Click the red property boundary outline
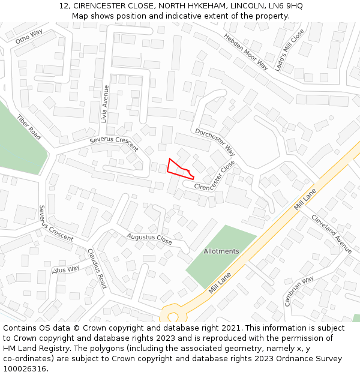click(179, 169)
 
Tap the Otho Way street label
click(29, 37)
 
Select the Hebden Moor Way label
click(246, 51)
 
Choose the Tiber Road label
click(29, 127)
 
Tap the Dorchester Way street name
click(215, 143)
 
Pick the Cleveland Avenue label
click(331, 233)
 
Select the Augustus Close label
click(149, 238)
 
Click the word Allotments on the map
click(221, 251)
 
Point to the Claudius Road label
click(97, 268)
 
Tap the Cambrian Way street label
click(299, 290)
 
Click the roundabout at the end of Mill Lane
click(173, 316)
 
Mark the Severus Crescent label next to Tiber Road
click(56, 223)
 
